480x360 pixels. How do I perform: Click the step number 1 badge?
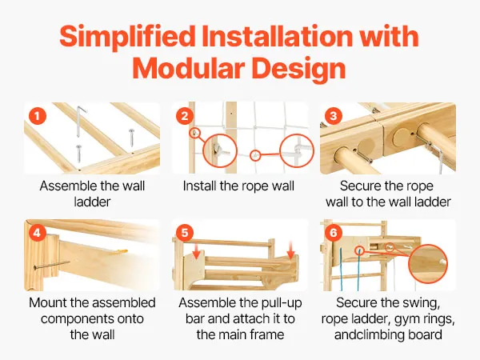coord(38,116)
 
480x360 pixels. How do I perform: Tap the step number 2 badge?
coord(185,116)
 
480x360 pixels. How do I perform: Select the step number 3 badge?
coord(334,116)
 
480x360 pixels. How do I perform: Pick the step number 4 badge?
coord(38,233)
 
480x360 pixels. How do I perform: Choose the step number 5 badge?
coord(185,233)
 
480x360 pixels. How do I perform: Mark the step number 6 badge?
coord(334,233)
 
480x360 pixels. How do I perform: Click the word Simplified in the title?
coord(127,37)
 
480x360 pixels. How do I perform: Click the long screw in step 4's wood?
coord(51,265)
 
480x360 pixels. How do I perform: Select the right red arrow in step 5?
coord(291,250)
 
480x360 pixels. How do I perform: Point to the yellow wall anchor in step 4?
coord(122,252)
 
